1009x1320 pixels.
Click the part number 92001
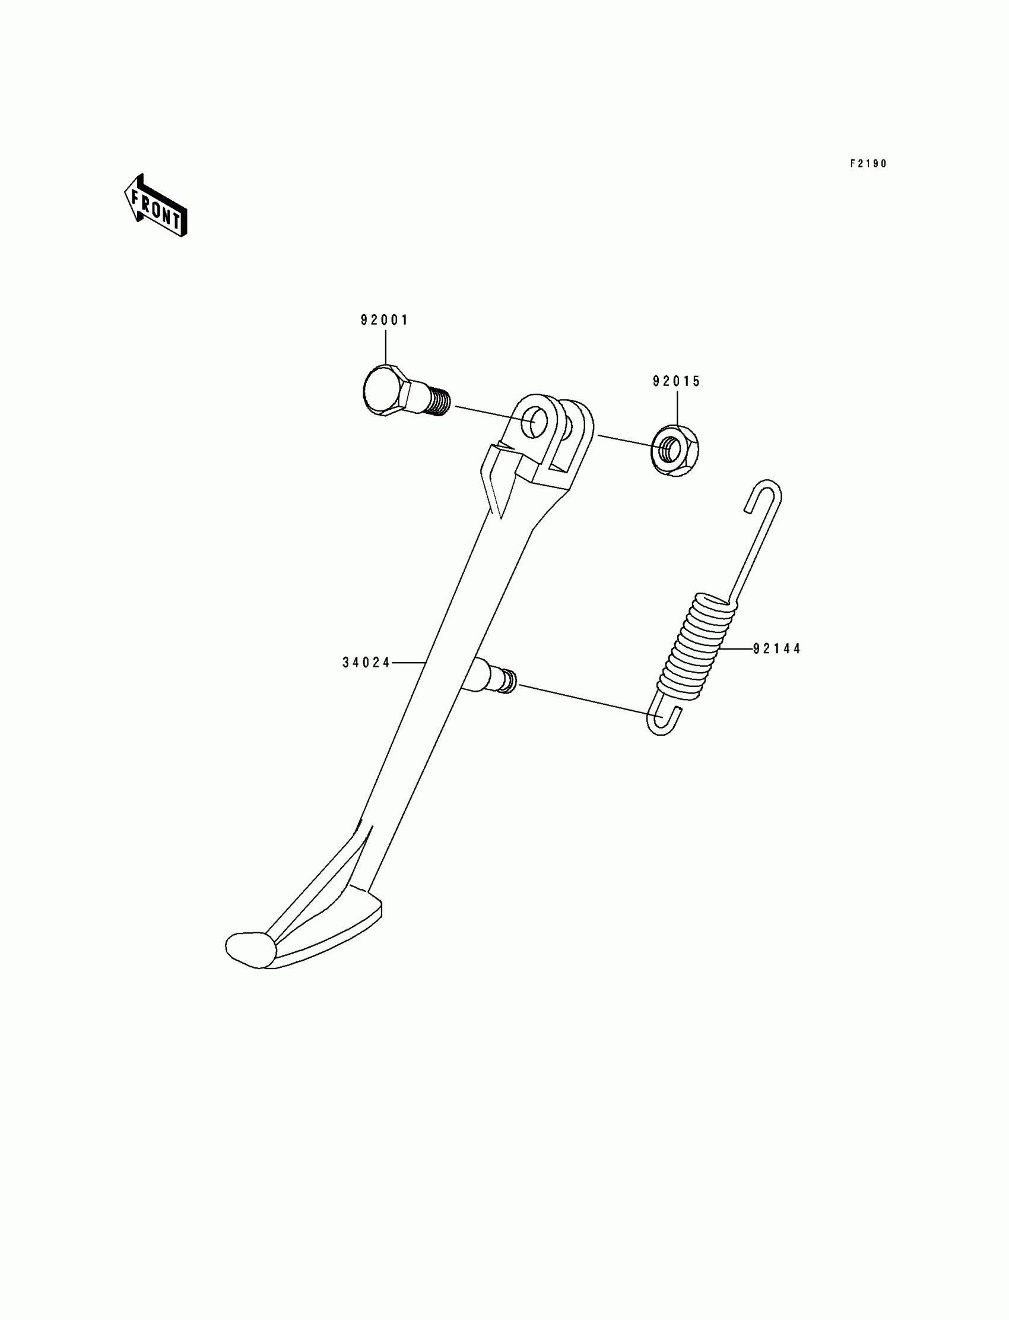(x=385, y=320)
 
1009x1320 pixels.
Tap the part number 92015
(x=677, y=382)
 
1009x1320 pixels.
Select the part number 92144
(x=777, y=649)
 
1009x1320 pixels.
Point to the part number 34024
(x=366, y=663)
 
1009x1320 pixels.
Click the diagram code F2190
(x=868, y=164)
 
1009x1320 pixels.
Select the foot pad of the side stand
(x=324, y=934)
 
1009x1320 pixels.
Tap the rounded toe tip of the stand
(x=249, y=949)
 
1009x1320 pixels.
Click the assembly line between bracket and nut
(x=624, y=441)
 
